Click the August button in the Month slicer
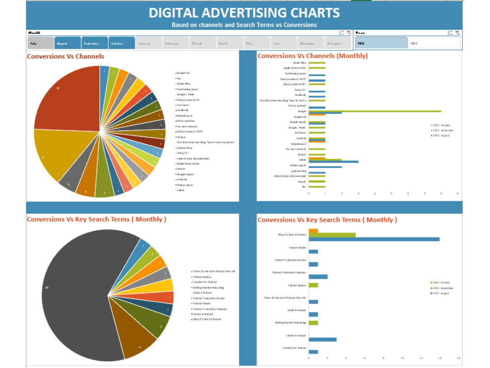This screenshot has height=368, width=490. click(68, 43)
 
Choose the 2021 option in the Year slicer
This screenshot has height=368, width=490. click(433, 43)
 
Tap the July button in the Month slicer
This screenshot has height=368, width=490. click(40, 43)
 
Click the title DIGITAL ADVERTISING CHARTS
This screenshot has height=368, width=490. click(244, 13)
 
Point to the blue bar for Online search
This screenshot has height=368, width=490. click(325, 167)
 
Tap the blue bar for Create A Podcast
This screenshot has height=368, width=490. click(322, 339)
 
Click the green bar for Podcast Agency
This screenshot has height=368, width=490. click(313, 285)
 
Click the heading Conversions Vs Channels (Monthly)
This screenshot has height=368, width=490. click(313, 56)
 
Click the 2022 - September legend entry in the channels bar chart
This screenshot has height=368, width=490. click(443, 130)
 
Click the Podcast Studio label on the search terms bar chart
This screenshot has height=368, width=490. click(297, 248)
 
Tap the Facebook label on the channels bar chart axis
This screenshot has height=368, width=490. click(300, 95)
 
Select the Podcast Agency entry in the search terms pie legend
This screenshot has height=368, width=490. click(201, 277)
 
